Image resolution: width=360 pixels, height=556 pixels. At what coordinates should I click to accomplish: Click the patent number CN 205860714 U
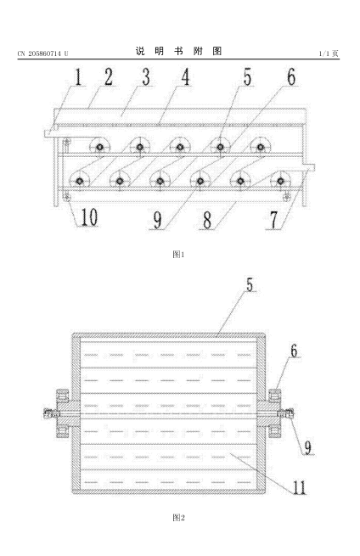[42, 53]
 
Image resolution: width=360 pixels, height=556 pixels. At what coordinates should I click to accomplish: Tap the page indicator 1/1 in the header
[324, 53]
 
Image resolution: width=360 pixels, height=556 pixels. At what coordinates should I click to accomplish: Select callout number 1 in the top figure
[77, 76]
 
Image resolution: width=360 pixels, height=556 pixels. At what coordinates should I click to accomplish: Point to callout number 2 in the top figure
[109, 76]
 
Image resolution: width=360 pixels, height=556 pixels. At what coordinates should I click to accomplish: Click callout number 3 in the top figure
[146, 76]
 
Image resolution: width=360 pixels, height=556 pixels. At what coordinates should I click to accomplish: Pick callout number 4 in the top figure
[185, 76]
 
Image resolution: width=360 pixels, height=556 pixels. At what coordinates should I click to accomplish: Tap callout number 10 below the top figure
[89, 217]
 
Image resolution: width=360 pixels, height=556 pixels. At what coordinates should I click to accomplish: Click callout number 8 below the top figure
[207, 220]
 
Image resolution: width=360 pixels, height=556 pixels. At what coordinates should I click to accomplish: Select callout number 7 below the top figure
[274, 220]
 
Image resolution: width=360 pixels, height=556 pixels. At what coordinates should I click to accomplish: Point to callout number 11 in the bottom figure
[299, 487]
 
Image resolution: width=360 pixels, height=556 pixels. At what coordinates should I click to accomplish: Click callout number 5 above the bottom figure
[250, 284]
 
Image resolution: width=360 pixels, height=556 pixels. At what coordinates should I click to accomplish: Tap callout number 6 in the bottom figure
[294, 351]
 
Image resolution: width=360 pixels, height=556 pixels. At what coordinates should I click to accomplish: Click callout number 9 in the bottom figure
[307, 447]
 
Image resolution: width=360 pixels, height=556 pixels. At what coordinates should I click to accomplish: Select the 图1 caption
[178, 255]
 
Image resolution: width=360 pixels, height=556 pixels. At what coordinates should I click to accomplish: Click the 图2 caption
[178, 518]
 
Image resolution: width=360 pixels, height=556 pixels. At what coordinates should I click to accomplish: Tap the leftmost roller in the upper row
[99, 147]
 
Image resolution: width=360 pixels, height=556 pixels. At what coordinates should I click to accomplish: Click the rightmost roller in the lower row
[280, 181]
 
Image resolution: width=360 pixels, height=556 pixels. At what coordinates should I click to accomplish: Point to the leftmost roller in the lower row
[79, 181]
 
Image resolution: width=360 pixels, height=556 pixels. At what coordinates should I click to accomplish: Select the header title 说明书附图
[178, 52]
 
